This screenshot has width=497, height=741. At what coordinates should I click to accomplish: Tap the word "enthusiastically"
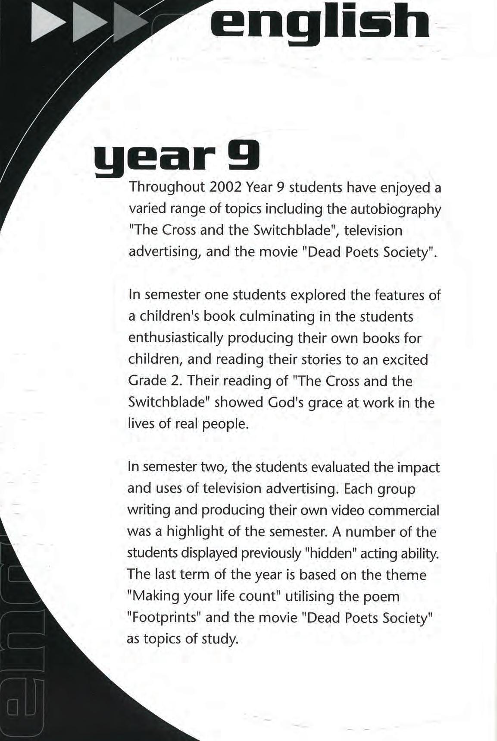(175, 338)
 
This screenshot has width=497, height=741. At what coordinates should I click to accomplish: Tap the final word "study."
(220, 639)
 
